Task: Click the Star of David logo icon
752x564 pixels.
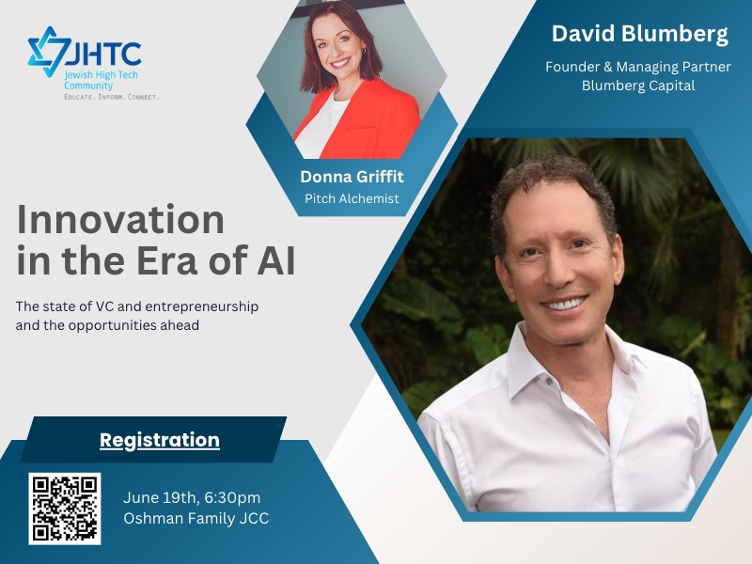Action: pos(49,52)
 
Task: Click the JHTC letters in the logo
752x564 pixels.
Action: pos(104,54)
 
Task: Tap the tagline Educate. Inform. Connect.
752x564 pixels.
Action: pos(111,97)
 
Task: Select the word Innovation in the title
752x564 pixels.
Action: pos(120,220)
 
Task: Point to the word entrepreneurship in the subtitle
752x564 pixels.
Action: pos(202,307)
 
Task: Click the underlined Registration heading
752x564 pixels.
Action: pos(160,440)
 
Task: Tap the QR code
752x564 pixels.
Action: pos(65,509)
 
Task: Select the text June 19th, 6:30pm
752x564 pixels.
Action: pos(192,497)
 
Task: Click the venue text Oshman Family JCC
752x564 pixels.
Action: pos(196,519)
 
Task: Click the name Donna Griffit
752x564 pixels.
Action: pos(352,177)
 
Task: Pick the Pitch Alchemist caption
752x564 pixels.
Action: pos(352,198)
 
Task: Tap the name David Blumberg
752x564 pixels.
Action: pos(640,34)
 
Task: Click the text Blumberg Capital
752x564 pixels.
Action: pos(638,86)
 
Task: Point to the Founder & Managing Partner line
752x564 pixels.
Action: pos(638,67)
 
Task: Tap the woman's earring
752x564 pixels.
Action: pos(364,51)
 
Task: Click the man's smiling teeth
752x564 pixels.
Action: pos(564,304)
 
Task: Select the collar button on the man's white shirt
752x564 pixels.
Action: pos(549,381)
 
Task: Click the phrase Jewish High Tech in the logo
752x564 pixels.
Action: pos(102,75)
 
